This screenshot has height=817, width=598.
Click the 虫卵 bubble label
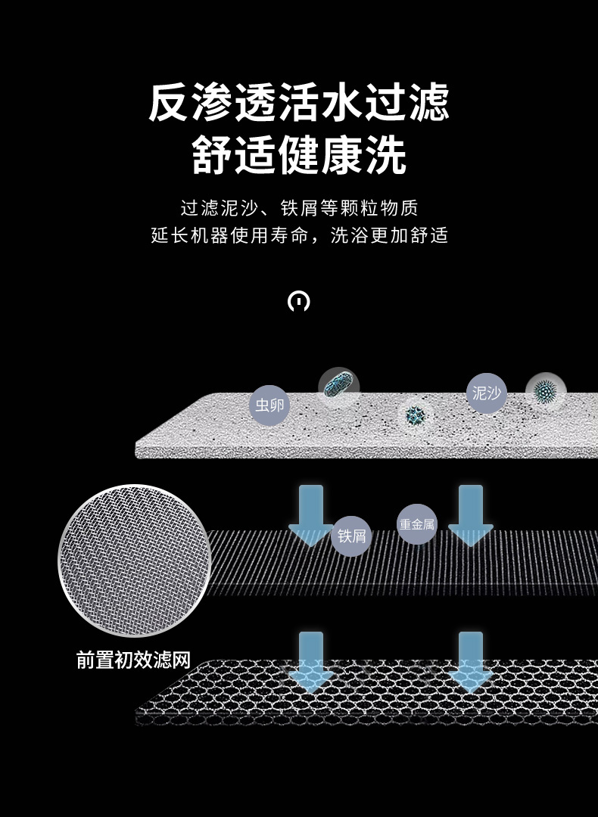[269, 405]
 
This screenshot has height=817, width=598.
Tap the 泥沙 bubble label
[486, 393]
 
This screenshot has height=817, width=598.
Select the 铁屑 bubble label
[351, 536]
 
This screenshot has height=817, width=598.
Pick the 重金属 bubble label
[417, 524]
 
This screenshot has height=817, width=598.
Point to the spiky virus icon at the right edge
[544, 391]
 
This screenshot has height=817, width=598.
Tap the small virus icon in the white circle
[415, 415]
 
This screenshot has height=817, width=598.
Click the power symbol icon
[299, 301]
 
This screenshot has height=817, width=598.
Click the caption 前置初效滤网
[133, 660]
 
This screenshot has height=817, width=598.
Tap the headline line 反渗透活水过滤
[299, 103]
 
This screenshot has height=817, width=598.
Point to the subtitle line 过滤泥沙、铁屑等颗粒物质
[299, 207]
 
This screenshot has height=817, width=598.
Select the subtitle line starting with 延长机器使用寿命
[299, 235]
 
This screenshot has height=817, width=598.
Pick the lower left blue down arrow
[310, 660]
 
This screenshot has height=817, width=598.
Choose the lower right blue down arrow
[470, 660]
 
